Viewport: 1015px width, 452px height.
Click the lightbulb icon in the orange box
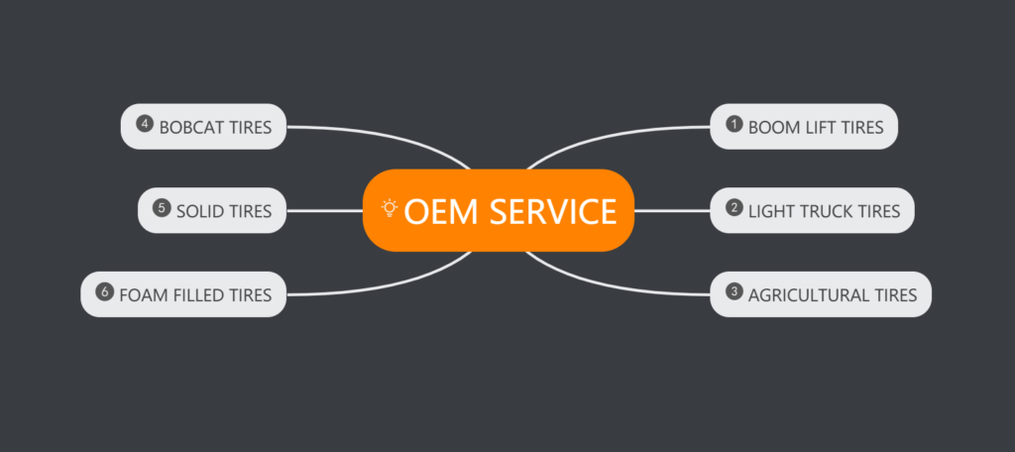tap(390, 208)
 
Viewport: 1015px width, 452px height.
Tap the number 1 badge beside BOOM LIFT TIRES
tap(734, 125)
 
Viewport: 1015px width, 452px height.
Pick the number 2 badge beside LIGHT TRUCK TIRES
tap(734, 208)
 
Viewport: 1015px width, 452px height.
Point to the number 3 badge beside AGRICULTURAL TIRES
tap(734, 292)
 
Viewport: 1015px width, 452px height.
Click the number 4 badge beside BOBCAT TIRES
tap(145, 125)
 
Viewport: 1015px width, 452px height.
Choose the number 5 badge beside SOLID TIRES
tap(162, 208)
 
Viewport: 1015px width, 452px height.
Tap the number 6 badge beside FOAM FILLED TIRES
tap(105, 292)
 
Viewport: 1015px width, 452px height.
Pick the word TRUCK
tap(820, 210)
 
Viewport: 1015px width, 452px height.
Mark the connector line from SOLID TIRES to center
tap(325, 210)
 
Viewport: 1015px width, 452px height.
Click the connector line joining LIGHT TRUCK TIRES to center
tap(672, 210)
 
